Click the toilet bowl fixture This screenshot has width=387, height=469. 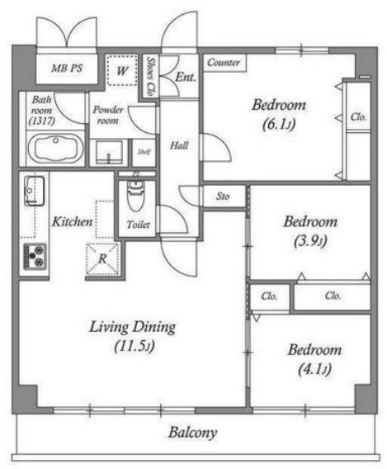coord(135,195)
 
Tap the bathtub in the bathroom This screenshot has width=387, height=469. coord(55,149)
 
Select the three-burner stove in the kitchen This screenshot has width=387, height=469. coord(35,256)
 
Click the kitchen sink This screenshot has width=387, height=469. coord(35,191)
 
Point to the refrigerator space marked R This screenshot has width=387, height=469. coord(103,259)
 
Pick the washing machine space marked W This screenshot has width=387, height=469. coord(121,70)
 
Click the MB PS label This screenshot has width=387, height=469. coord(67,69)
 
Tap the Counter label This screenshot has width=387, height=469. coord(224,63)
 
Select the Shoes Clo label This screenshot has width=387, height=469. coord(151,76)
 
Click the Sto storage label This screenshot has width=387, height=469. coord(223,197)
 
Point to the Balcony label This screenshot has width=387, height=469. coord(193,433)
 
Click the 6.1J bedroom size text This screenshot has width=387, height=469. coord(279,125)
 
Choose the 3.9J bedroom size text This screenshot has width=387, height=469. coord(310,240)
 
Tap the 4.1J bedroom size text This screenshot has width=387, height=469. coord(314,369)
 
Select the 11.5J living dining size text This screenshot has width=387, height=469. coord(135,346)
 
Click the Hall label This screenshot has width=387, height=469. coord(179,145)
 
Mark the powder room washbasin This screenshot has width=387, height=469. coord(109,153)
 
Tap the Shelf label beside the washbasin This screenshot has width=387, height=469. coord(144,152)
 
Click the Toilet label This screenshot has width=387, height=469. coord(138,225)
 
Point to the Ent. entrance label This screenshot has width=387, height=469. coord(186,77)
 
